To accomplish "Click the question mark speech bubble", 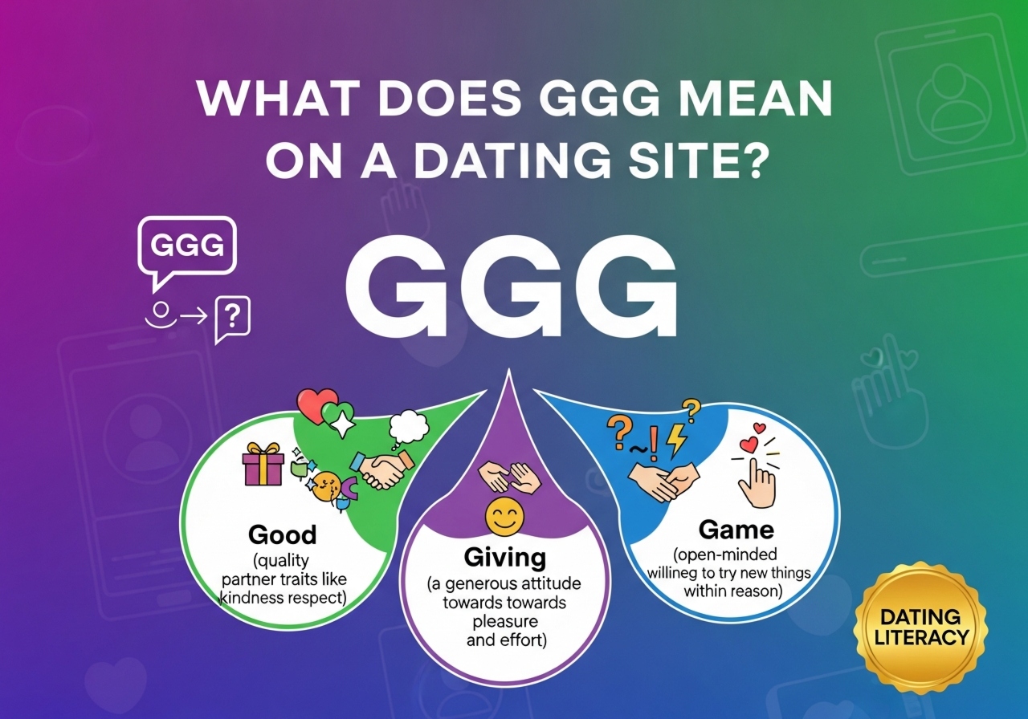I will coord(233,319).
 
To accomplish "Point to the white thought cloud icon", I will coord(409,427).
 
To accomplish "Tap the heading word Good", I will coord(282,534).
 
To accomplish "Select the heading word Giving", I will coord(505,557).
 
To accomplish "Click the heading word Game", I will coord(736,530).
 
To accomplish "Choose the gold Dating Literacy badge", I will coord(920,628).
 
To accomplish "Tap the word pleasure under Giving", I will coord(504,622).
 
